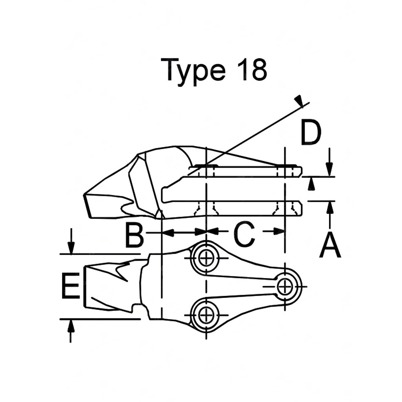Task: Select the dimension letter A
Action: pyautogui.click(x=330, y=244)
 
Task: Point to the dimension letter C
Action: pyautogui.click(x=245, y=235)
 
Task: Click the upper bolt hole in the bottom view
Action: pyautogui.click(x=205, y=258)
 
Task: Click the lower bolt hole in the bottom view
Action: pyautogui.click(x=205, y=314)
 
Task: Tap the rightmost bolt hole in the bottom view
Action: pyautogui.click(x=285, y=287)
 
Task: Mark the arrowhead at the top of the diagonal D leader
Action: pyautogui.click(x=300, y=100)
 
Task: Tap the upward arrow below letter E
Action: pyautogui.click(x=71, y=325)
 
